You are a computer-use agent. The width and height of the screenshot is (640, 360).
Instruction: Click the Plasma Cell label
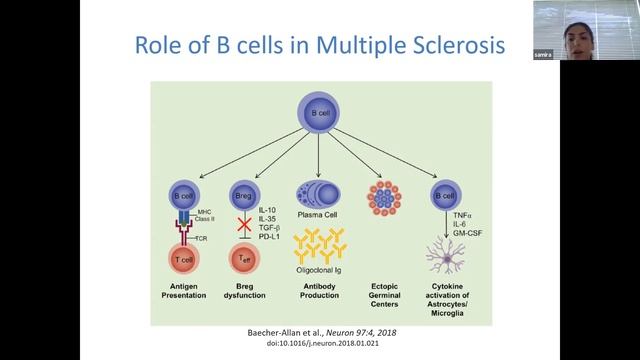(314, 213)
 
